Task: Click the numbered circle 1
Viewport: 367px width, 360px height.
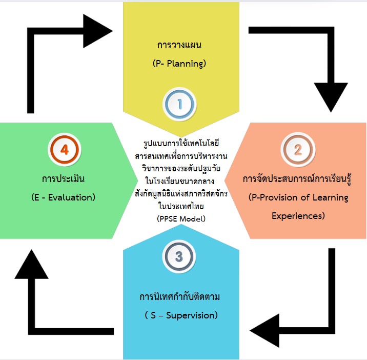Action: coord(180,104)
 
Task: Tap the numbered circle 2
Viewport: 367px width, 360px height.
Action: coord(298,149)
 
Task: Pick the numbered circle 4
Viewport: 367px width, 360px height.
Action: coord(65,150)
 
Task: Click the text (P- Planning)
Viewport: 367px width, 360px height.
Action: coord(179,64)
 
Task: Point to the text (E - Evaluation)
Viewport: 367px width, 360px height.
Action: coord(63,197)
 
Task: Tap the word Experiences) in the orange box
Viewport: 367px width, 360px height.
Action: coord(298,215)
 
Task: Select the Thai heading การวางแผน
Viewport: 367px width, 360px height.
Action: coord(179,45)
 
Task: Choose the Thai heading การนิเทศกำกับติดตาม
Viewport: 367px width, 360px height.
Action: coord(179,297)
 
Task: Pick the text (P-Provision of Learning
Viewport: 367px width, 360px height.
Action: coord(298,197)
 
